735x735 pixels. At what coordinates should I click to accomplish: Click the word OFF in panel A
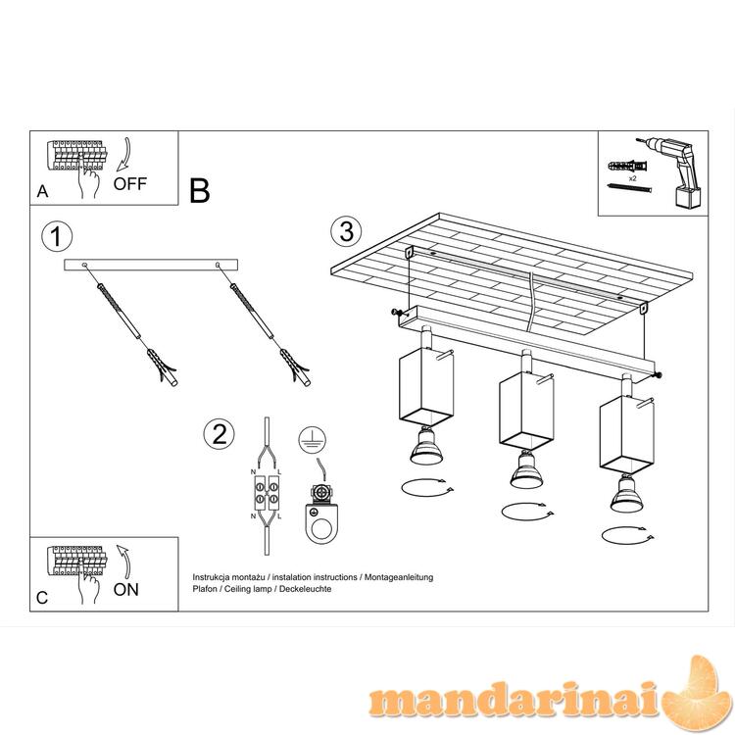click(x=129, y=184)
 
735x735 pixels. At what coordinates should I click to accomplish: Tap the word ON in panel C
click(x=126, y=590)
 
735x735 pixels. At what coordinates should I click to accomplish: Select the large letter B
click(x=199, y=191)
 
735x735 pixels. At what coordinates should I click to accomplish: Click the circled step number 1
click(x=57, y=236)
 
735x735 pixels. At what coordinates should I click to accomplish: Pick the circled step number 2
click(x=219, y=433)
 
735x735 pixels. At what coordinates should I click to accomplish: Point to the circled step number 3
click(x=346, y=231)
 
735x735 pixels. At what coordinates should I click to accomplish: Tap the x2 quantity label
click(x=633, y=178)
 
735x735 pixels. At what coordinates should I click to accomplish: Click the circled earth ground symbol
click(x=313, y=439)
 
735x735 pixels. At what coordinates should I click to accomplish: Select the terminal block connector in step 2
click(x=267, y=494)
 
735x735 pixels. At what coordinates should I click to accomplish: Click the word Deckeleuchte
click(x=305, y=589)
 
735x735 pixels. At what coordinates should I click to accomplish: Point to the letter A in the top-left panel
click(x=43, y=191)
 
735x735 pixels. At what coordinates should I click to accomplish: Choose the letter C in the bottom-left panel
click(x=42, y=598)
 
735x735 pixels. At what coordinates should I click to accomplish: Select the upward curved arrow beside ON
click(x=125, y=561)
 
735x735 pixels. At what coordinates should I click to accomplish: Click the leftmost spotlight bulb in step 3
click(x=425, y=446)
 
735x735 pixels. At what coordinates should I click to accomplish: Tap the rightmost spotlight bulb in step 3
click(x=626, y=493)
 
